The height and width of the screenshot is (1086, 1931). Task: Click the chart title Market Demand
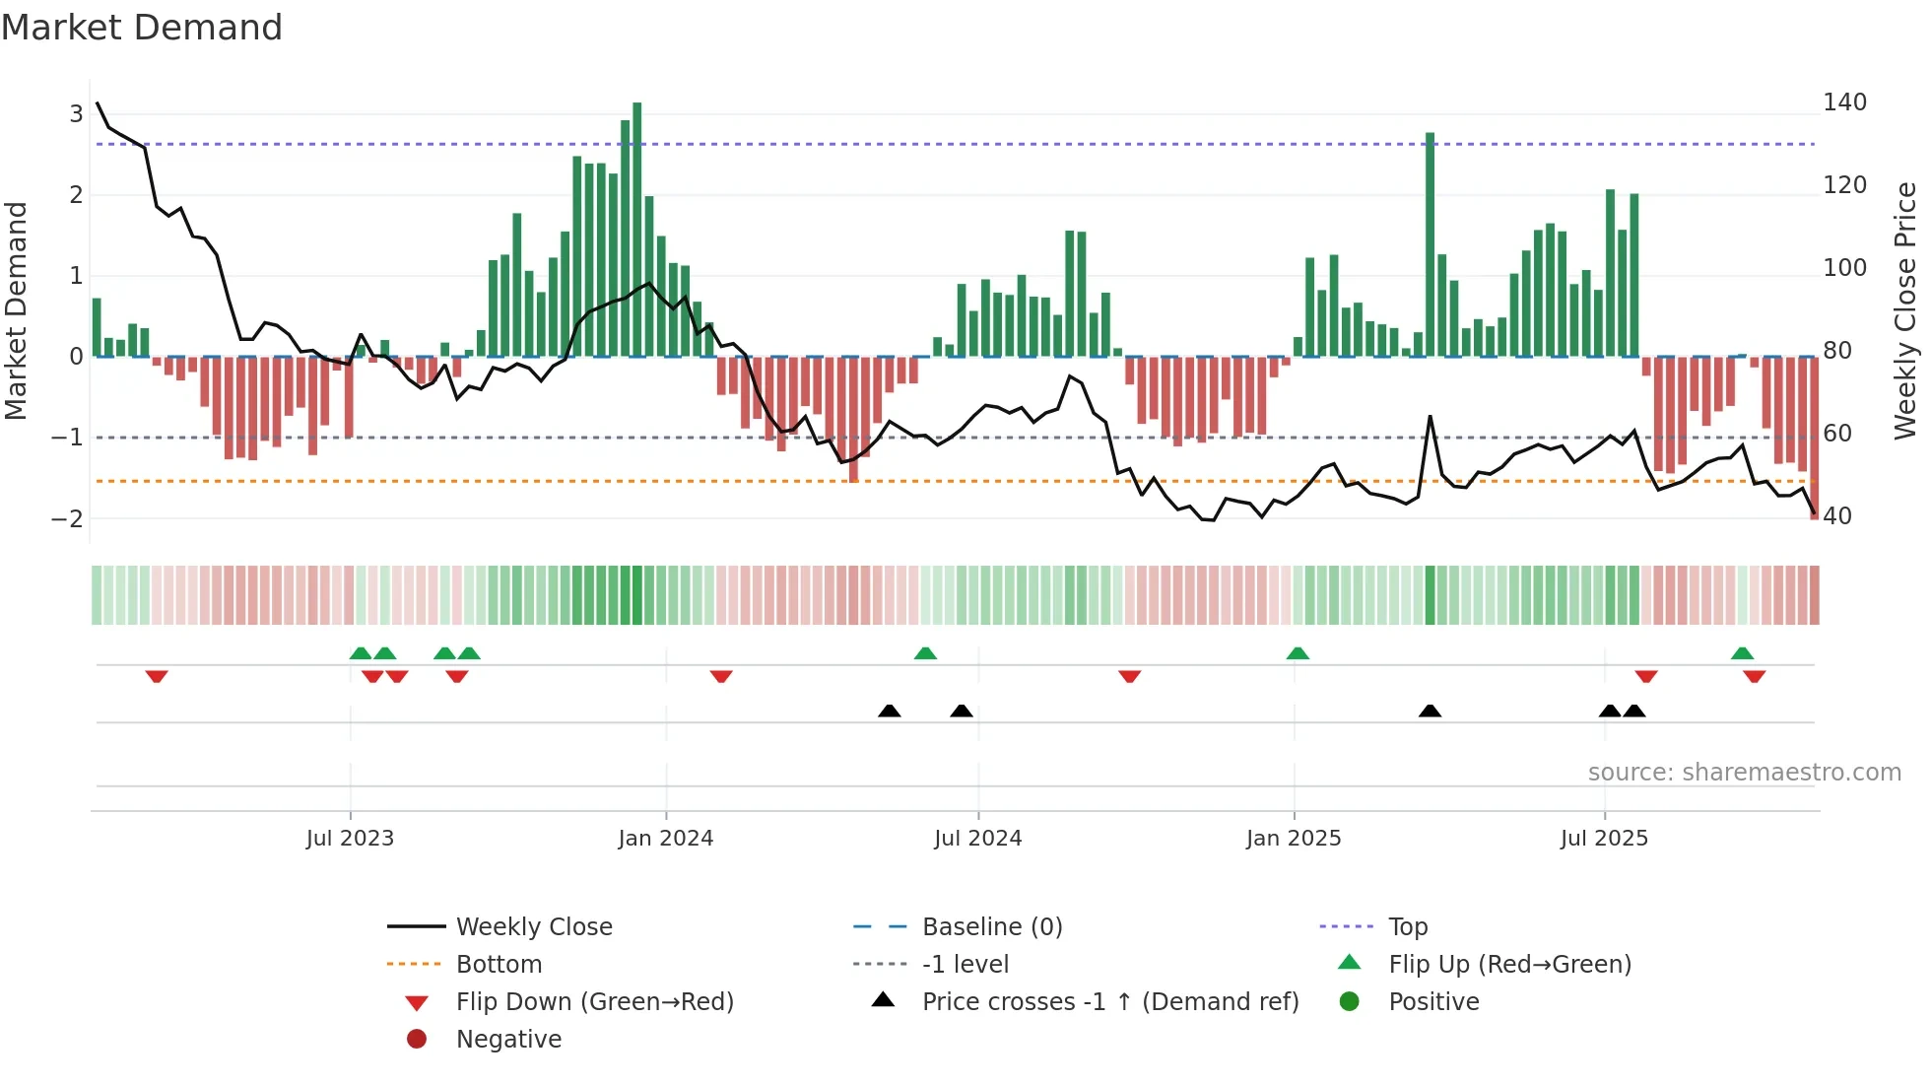pyautogui.click(x=142, y=28)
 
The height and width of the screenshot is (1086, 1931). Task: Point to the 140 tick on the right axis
pyautogui.click(x=1844, y=102)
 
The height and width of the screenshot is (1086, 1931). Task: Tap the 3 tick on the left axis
pyautogui.click(x=76, y=114)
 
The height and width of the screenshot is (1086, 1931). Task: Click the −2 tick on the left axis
pyautogui.click(x=68, y=519)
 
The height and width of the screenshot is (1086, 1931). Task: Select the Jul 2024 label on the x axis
pyautogui.click(x=977, y=839)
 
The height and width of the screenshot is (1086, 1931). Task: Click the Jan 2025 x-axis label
pyautogui.click(x=1293, y=839)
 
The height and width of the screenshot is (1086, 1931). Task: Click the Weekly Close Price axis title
pyautogui.click(x=1906, y=310)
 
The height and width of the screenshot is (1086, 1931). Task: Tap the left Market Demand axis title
pyautogui.click(x=16, y=310)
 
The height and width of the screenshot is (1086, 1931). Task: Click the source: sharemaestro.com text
pyautogui.click(x=1744, y=773)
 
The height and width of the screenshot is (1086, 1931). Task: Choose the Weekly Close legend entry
pyautogui.click(x=533, y=927)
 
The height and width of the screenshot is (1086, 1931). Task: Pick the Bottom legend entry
pyautogui.click(x=499, y=965)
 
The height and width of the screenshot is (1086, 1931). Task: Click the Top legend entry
pyautogui.click(x=1408, y=927)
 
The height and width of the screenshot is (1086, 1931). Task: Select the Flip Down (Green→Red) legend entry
pyautogui.click(x=594, y=1002)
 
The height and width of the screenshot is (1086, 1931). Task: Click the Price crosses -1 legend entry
pyautogui.click(x=1109, y=1002)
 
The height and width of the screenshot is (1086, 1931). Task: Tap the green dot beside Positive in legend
pyautogui.click(x=1350, y=1002)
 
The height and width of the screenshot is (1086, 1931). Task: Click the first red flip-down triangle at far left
pyautogui.click(x=157, y=676)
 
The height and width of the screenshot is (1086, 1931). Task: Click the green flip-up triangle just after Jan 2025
pyautogui.click(x=1298, y=653)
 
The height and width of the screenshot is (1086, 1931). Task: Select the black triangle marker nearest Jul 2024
pyautogui.click(x=962, y=711)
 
